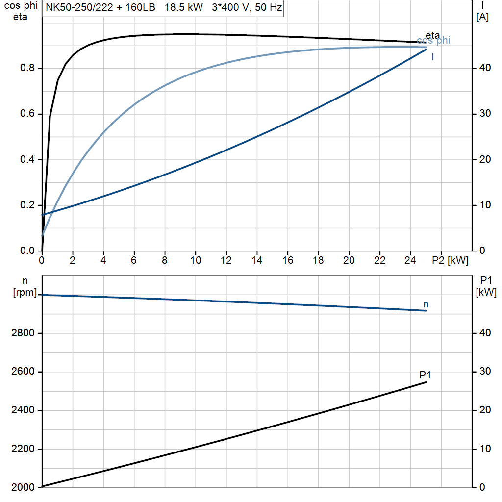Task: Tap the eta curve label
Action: point(432,35)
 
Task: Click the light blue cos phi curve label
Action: point(433,41)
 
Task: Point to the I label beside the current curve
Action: point(432,57)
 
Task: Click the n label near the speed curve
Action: point(426,304)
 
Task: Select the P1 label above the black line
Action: point(425,375)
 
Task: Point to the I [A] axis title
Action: point(482,12)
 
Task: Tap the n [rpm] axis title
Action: point(25,287)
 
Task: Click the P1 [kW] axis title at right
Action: point(486,286)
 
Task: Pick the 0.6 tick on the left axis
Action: point(27,114)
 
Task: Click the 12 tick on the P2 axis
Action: point(226,261)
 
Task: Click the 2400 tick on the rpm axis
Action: point(22,410)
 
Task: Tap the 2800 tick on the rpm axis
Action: point(22,333)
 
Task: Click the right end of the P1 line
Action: point(426,382)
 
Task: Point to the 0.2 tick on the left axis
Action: point(27,205)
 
